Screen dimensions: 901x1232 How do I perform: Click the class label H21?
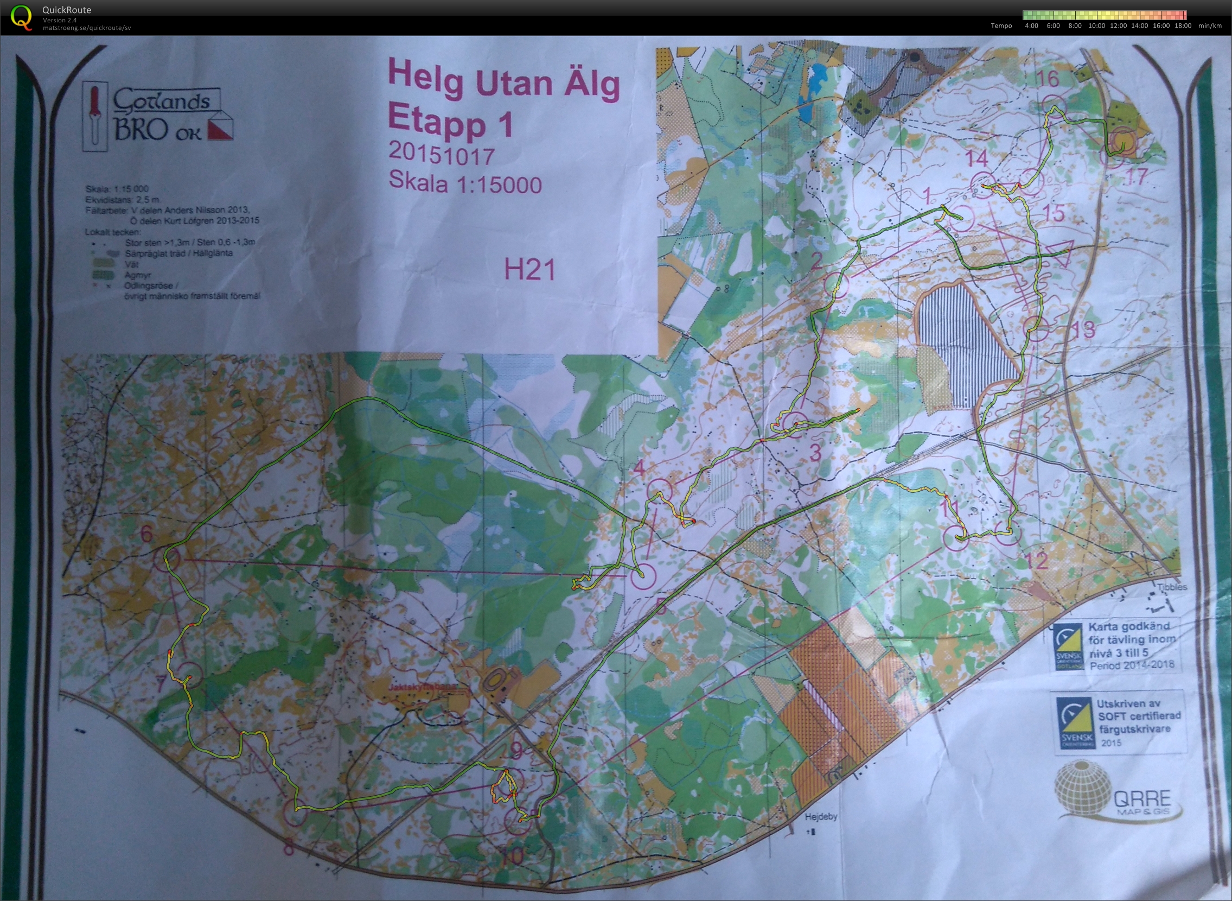click(530, 269)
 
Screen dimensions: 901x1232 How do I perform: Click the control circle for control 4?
click(659, 490)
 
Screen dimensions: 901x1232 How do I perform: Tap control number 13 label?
click(1082, 329)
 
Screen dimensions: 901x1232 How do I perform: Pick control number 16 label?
click(1047, 79)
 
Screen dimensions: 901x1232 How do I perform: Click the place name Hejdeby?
click(820, 817)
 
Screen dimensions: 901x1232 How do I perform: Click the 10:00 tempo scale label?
click(1096, 26)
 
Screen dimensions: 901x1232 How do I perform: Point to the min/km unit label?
click(1210, 26)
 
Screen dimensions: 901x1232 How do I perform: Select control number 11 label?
click(949, 509)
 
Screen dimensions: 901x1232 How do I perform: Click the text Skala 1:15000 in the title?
click(465, 183)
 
